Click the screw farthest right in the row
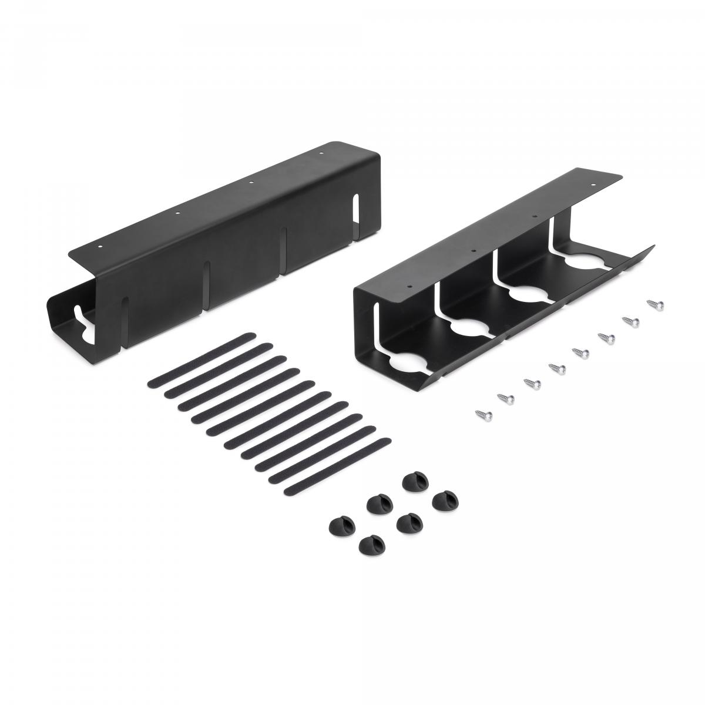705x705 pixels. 653,304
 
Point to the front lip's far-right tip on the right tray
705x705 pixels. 654,246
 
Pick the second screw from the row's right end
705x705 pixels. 629,320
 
